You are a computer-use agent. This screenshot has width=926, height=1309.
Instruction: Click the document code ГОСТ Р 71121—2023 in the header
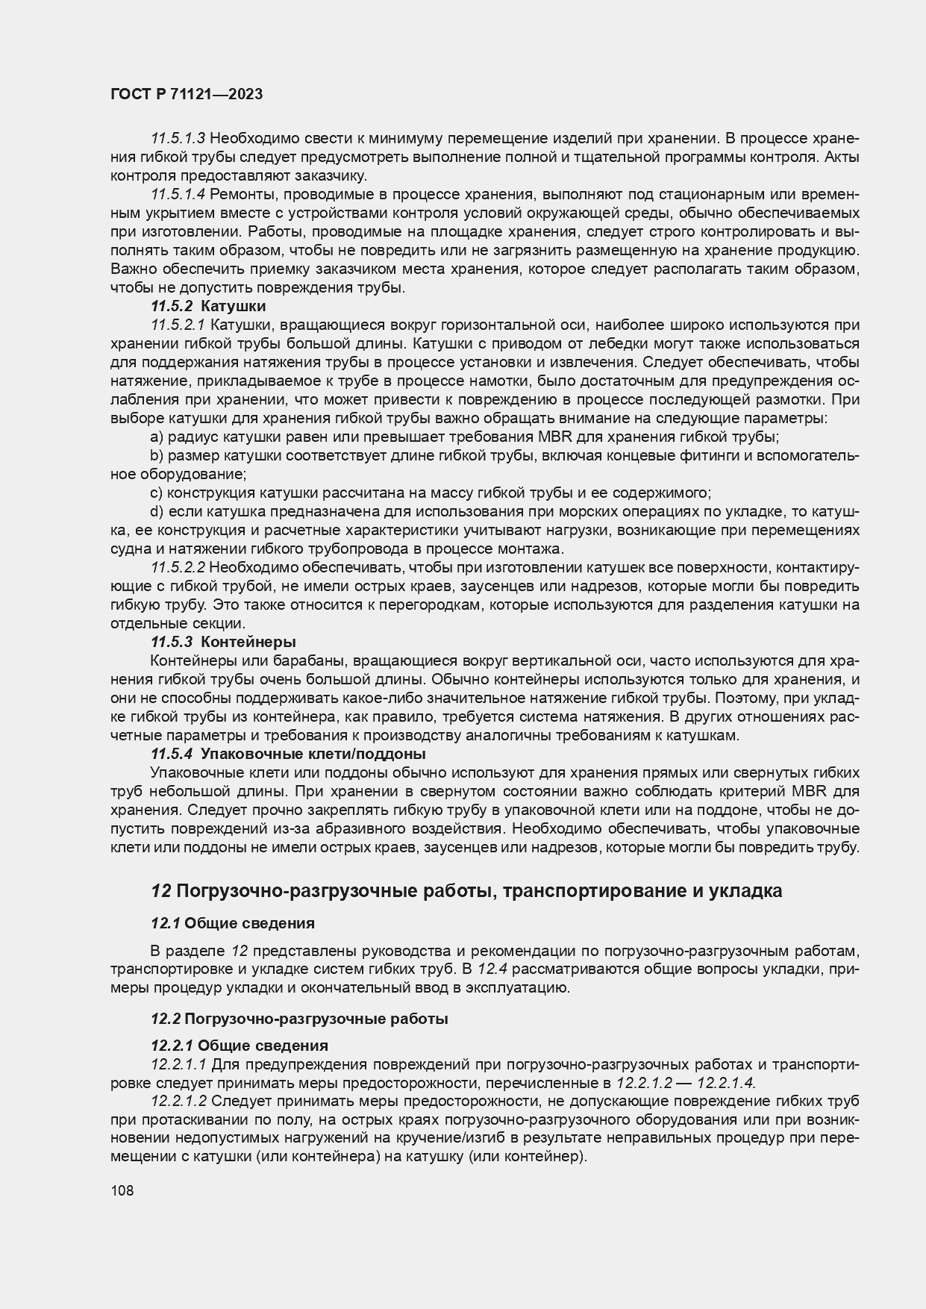click(x=187, y=95)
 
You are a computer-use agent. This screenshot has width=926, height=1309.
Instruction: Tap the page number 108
click(x=122, y=1190)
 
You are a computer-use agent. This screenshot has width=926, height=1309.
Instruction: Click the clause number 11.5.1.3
click(x=178, y=138)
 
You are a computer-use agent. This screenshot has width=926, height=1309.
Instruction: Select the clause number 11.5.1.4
click(x=178, y=194)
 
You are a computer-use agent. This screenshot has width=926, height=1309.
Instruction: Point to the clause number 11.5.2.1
click(x=178, y=325)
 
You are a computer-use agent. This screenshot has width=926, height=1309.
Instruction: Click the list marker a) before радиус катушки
click(x=157, y=437)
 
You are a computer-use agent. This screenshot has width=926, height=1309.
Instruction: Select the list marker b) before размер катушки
click(x=157, y=455)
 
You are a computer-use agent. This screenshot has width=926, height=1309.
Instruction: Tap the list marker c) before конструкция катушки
click(x=157, y=493)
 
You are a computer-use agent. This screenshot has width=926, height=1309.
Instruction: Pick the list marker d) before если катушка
click(x=157, y=511)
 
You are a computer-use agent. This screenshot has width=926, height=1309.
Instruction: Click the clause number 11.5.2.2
click(x=178, y=568)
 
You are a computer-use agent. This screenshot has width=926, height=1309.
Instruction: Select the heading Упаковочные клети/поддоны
click(x=313, y=754)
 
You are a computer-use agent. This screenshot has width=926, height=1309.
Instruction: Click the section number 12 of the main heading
click(x=160, y=890)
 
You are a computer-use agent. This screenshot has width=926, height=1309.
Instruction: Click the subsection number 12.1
click(x=165, y=923)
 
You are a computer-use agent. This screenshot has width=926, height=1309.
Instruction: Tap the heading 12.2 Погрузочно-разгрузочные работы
click(x=299, y=1018)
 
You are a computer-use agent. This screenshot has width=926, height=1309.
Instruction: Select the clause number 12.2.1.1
click(x=178, y=1063)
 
